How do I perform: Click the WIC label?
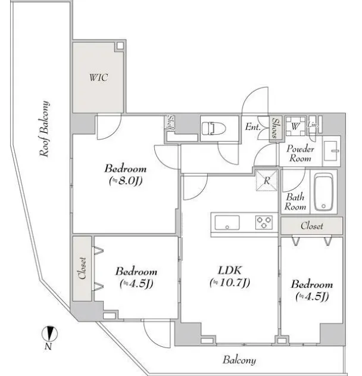point(98,77)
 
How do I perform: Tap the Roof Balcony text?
point(45,129)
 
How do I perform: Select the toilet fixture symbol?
point(214,129)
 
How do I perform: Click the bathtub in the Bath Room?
point(323,192)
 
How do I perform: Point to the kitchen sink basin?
point(227,222)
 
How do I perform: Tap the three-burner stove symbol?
point(264,222)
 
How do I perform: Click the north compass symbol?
point(49,334)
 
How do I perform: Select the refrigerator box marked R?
point(267,181)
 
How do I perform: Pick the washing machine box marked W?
point(295,126)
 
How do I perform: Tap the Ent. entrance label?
point(253,126)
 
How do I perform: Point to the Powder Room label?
point(300,154)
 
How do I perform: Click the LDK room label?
point(230,271)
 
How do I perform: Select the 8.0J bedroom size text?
point(126,181)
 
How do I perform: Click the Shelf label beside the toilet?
point(171,123)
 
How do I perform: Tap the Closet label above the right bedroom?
point(311,226)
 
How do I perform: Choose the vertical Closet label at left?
point(82,268)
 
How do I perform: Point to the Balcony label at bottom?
point(239,360)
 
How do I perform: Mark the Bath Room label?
point(295,202)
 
